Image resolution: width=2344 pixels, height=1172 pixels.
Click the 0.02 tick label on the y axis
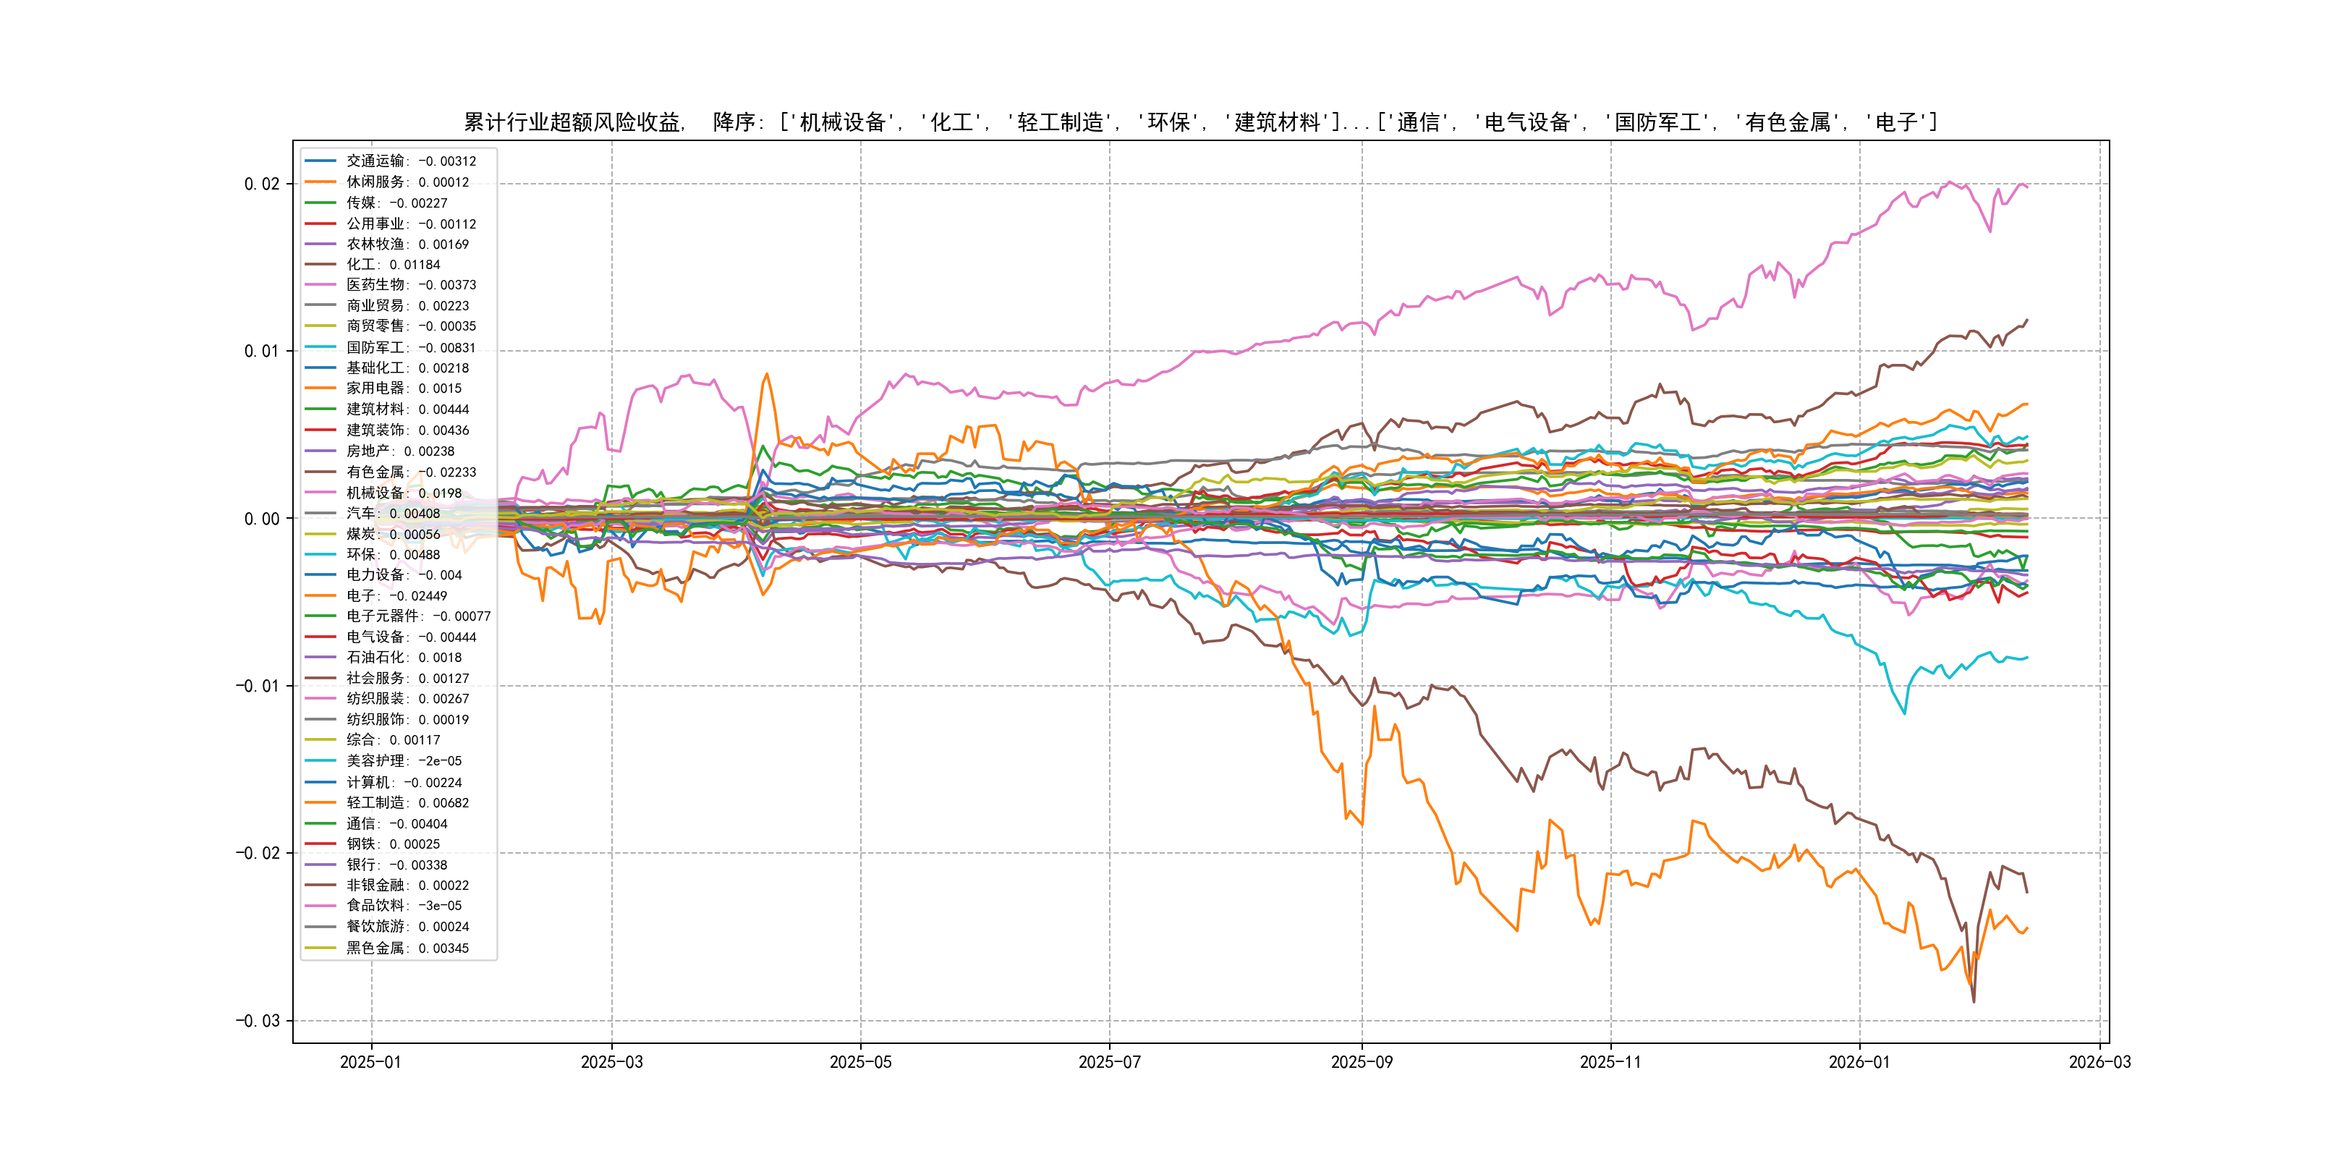click(261, 184)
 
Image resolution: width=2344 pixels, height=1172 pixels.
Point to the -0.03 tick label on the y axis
click(258, 1021)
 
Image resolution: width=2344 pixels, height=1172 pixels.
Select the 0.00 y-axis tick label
click(261, 519)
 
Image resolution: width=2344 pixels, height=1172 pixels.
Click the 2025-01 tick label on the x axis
click(370, 1063)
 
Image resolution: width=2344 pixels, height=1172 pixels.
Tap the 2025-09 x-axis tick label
click(1362, 1063)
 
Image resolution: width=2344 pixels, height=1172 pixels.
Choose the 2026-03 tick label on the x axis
click(2099, 1063)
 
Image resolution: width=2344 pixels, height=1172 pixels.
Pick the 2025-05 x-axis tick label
click(860, 1063)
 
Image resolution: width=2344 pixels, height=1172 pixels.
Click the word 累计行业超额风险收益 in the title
click(572, 122)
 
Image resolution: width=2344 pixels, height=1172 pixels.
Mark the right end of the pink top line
click(2027, 187)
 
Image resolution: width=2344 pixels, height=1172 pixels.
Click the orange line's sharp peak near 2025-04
click(767, 374)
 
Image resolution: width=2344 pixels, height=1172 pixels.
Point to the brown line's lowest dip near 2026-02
click(1974, 1002)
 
